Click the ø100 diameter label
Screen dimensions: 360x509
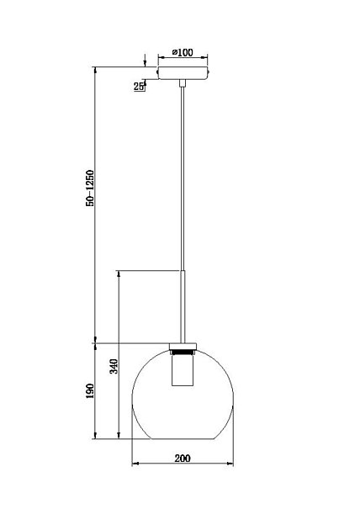tap(183, 52)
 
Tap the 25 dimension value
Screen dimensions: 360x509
tap(139, 87)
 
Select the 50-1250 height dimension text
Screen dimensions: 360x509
tap(90, 188)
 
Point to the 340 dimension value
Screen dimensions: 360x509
tap(114, 366)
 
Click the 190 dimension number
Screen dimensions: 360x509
tap(90, 391)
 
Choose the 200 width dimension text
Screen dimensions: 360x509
tap(183, 459)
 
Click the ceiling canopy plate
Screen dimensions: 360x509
tap(183, 73)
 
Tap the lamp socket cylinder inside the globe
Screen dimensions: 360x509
tap(183, 370)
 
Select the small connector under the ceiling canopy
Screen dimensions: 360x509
tap(183, 83)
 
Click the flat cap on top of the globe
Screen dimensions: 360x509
tap(183, 347)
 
